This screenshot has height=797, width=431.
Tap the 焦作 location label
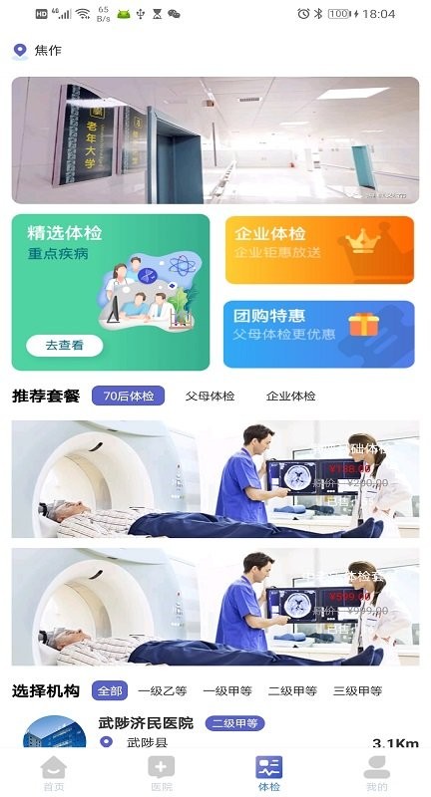click(48, 51)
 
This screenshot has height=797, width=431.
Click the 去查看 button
click(64, 346)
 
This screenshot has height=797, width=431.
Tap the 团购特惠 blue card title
click(261, 316)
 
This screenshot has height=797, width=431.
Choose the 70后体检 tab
click(128, 396)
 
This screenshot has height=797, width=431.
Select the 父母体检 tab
click(210, 396)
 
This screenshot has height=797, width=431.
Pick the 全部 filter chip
click(109, 690)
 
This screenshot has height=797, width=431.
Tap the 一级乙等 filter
click(163, 690)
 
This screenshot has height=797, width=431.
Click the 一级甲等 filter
click(227, 690)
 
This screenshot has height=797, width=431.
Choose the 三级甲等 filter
click(358, 690)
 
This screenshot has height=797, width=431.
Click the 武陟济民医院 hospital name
click(146, 723)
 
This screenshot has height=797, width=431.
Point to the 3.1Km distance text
click(394, 744)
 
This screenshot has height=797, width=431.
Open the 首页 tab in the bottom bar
click(53, 773)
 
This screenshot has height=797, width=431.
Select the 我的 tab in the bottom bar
click(376, 773)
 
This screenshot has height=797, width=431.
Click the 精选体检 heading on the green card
click(65, 233)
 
